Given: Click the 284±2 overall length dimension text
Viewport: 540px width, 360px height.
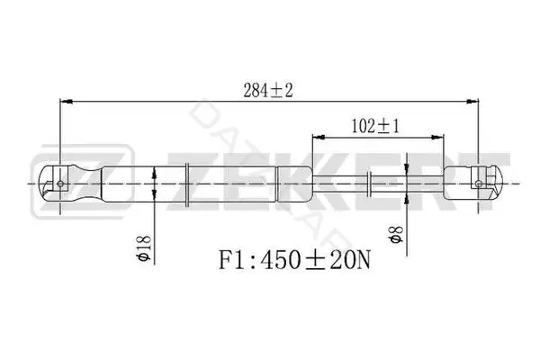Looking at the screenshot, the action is (x=268, y=91).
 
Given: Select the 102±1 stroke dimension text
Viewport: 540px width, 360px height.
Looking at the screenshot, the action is (x=375, y=126).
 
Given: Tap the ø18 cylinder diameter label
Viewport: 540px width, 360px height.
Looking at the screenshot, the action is (x=143, y=247).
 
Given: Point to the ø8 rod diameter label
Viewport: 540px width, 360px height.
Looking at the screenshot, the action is (x=396, y=234).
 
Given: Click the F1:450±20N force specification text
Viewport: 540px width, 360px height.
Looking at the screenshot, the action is (x=295, y=260).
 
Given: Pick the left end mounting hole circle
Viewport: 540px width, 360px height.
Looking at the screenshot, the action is (x=60, y=184).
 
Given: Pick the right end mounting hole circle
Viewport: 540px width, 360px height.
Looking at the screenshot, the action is (x=479, y=184).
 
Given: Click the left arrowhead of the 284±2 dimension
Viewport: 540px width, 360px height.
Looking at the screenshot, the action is (x=66, y=102).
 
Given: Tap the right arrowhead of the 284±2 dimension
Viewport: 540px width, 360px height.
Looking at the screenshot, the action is (x=472, y=102).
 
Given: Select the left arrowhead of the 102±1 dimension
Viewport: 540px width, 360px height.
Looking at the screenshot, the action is (x=319, y=138).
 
